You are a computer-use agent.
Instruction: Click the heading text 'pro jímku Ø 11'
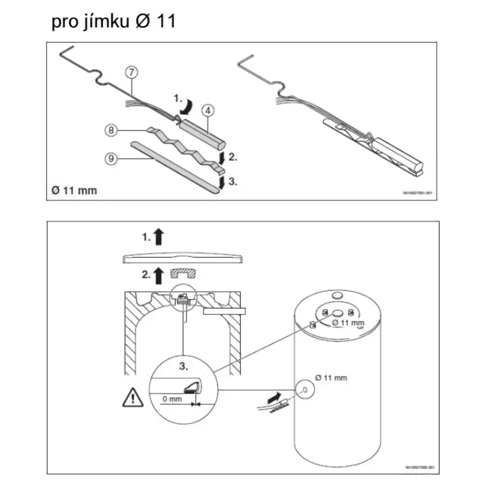click(114, 22)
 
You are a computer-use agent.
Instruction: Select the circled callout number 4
click(207, 111)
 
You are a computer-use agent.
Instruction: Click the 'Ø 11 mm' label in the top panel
click(74, 191)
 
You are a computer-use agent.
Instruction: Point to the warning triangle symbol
click(130, 399)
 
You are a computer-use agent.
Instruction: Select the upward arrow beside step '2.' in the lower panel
click(159, 274)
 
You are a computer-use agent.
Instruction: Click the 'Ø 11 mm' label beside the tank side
click(331, 377)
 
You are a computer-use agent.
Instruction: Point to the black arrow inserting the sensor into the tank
click(275, 398)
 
